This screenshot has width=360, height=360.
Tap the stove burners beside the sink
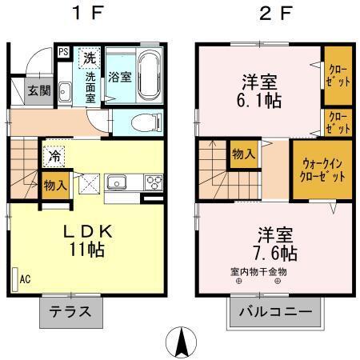151,184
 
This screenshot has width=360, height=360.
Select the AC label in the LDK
25,278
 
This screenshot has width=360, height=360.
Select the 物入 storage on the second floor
244,154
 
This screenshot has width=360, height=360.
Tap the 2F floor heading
275,14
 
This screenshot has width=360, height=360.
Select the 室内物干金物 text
258,273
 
